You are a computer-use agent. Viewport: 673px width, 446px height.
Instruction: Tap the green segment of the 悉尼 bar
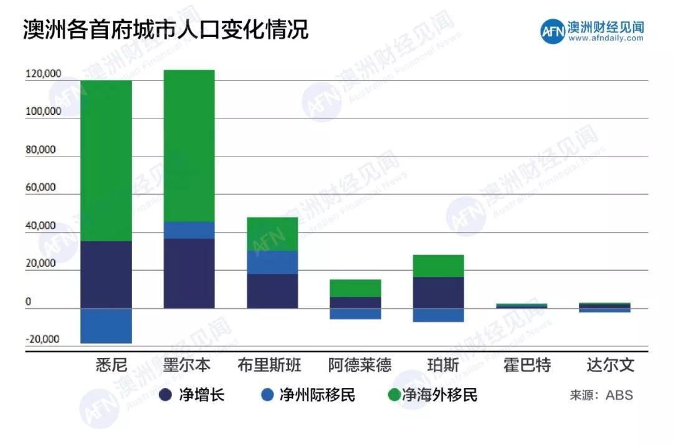click(x=106, y=160)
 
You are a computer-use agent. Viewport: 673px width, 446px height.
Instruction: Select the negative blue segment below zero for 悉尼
click(x=106, y=326)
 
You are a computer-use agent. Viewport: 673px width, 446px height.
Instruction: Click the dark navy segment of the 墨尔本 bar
click(x=189, y=273)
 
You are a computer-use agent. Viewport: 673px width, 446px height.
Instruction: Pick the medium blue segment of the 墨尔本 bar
click(x=189, y=230)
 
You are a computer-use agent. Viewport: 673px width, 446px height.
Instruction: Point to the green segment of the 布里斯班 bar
click(x=272, y=234)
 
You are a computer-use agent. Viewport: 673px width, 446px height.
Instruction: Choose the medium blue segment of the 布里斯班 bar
click(x=272, y=262)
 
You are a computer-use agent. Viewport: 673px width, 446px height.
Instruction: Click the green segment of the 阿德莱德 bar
click(x=355, y=288)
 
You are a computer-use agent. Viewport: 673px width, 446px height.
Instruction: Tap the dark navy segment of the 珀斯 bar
click(x=438, y=293)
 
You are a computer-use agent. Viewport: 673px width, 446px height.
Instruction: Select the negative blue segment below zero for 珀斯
click(x=438, y=315)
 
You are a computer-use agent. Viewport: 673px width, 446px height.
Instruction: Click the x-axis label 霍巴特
click(x=527, y=365)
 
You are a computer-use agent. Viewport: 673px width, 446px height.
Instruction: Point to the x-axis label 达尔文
click(x=611, y=365)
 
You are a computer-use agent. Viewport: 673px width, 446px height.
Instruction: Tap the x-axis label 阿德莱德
click(x=360, y=365)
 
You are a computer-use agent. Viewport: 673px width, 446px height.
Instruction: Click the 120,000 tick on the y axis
click(x=43, y=74)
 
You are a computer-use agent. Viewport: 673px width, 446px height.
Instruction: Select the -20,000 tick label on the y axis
click(x=43, y=340)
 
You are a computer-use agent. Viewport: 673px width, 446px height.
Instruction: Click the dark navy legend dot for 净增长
click(x=166, y=395)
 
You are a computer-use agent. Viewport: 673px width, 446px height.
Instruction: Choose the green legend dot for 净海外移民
click(x=393, y=395)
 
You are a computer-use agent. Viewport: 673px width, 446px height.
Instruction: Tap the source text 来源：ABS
click(x=601, y=395)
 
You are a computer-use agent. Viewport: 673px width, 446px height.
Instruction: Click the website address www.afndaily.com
click(x=606, y=38)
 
